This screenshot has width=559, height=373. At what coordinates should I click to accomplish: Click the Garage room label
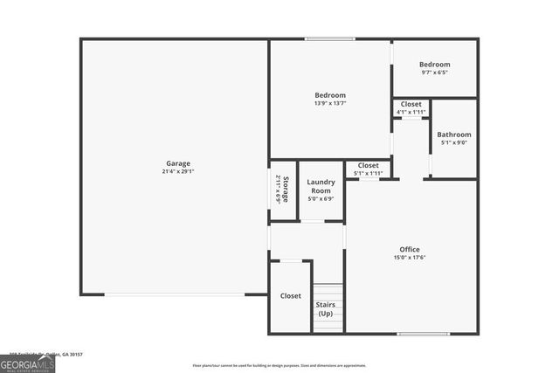click(178, 163)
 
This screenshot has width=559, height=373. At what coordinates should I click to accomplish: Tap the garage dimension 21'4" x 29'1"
click(178, 172)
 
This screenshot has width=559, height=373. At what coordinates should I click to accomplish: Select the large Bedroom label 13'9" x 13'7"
click(330, 95)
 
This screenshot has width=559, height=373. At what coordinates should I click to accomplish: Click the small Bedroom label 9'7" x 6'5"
click(434, 65)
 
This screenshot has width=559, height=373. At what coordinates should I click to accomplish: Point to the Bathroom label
click(454, 135)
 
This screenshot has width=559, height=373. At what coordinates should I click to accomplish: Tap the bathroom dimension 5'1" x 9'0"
click(454, 142)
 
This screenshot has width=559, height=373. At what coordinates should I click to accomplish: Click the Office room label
click(410, 250)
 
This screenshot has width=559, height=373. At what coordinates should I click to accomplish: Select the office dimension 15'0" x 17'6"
click(410, 258)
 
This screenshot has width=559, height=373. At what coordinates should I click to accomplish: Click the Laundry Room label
click(321, 186)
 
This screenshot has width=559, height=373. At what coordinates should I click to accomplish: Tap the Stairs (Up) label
click(325, 308)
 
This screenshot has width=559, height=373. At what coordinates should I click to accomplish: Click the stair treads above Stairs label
click(327, 291)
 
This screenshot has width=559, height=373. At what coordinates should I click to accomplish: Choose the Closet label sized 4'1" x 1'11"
click(411, 105)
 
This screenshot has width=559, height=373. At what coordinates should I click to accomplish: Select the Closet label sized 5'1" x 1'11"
click(368, 165)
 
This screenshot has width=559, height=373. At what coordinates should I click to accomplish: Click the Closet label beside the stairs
click(290, 296)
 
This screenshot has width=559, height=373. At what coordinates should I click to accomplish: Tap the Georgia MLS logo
click(27, 363)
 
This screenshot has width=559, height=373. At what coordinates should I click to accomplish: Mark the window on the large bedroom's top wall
click(329, 38)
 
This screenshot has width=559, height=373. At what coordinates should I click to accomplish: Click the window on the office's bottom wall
click(423, 333)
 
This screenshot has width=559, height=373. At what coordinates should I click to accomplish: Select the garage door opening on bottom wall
click(175, 294)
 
